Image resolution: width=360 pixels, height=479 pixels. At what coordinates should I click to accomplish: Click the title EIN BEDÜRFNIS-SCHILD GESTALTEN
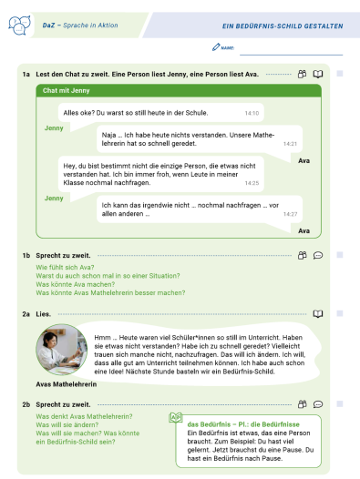[x=283, y=25]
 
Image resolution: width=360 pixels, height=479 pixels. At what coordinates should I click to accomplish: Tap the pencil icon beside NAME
[x=215, y=46]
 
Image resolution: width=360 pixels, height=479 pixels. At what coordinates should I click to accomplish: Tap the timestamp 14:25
[x=252, y=183]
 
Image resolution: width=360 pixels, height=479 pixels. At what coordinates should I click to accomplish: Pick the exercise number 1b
[x=27, y=256]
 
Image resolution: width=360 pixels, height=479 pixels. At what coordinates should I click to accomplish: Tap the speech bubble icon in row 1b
[x=318, y=256]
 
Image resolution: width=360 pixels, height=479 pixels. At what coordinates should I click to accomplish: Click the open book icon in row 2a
[x=318, y=312]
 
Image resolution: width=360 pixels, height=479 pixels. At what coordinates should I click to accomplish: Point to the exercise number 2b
[x=27, y=403]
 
